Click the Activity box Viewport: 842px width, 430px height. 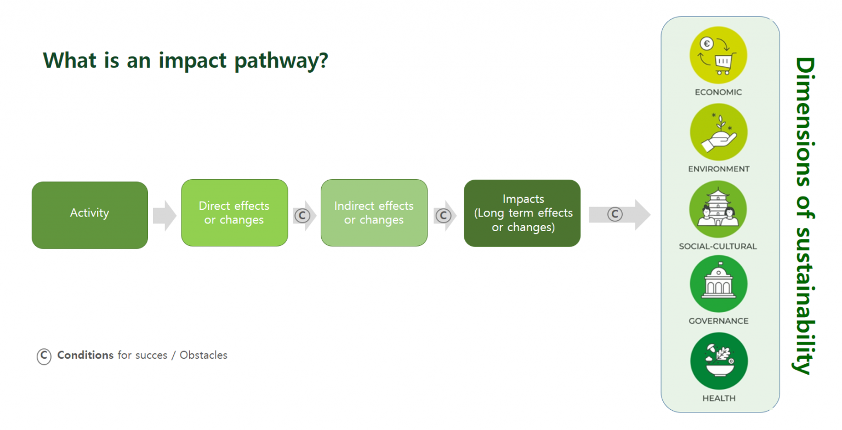[x=90, y=215]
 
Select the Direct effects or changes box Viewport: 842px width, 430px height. [x=234, y=213]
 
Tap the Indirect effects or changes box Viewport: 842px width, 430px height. [x=374, y=213]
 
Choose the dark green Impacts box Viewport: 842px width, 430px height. [x=522, y=213]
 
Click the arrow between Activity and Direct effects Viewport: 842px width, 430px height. [x=164, y=215]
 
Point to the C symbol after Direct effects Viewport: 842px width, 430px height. [x=302, y=215]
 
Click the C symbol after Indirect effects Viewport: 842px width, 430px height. [x=443, y=215]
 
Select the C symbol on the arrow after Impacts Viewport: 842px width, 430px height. [x=615, y=214]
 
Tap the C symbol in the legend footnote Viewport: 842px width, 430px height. [x=44, y=356]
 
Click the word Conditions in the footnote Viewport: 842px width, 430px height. [x=86, y=355]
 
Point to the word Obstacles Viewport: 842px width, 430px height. [x=203, y=355]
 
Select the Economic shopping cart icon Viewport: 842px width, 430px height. [x=718, y=55]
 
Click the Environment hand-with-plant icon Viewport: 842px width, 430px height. [x=718, y=133]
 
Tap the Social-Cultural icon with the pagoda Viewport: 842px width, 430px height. [x=718, y=209]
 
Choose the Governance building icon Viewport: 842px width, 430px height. [x=718, y=284]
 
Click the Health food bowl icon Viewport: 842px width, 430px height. [x=718, y=361]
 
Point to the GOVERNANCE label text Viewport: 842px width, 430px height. [x=718, y=321]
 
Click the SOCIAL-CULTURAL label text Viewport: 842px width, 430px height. [x=718, y=246]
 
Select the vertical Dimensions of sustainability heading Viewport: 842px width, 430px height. [x=805, y=215]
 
